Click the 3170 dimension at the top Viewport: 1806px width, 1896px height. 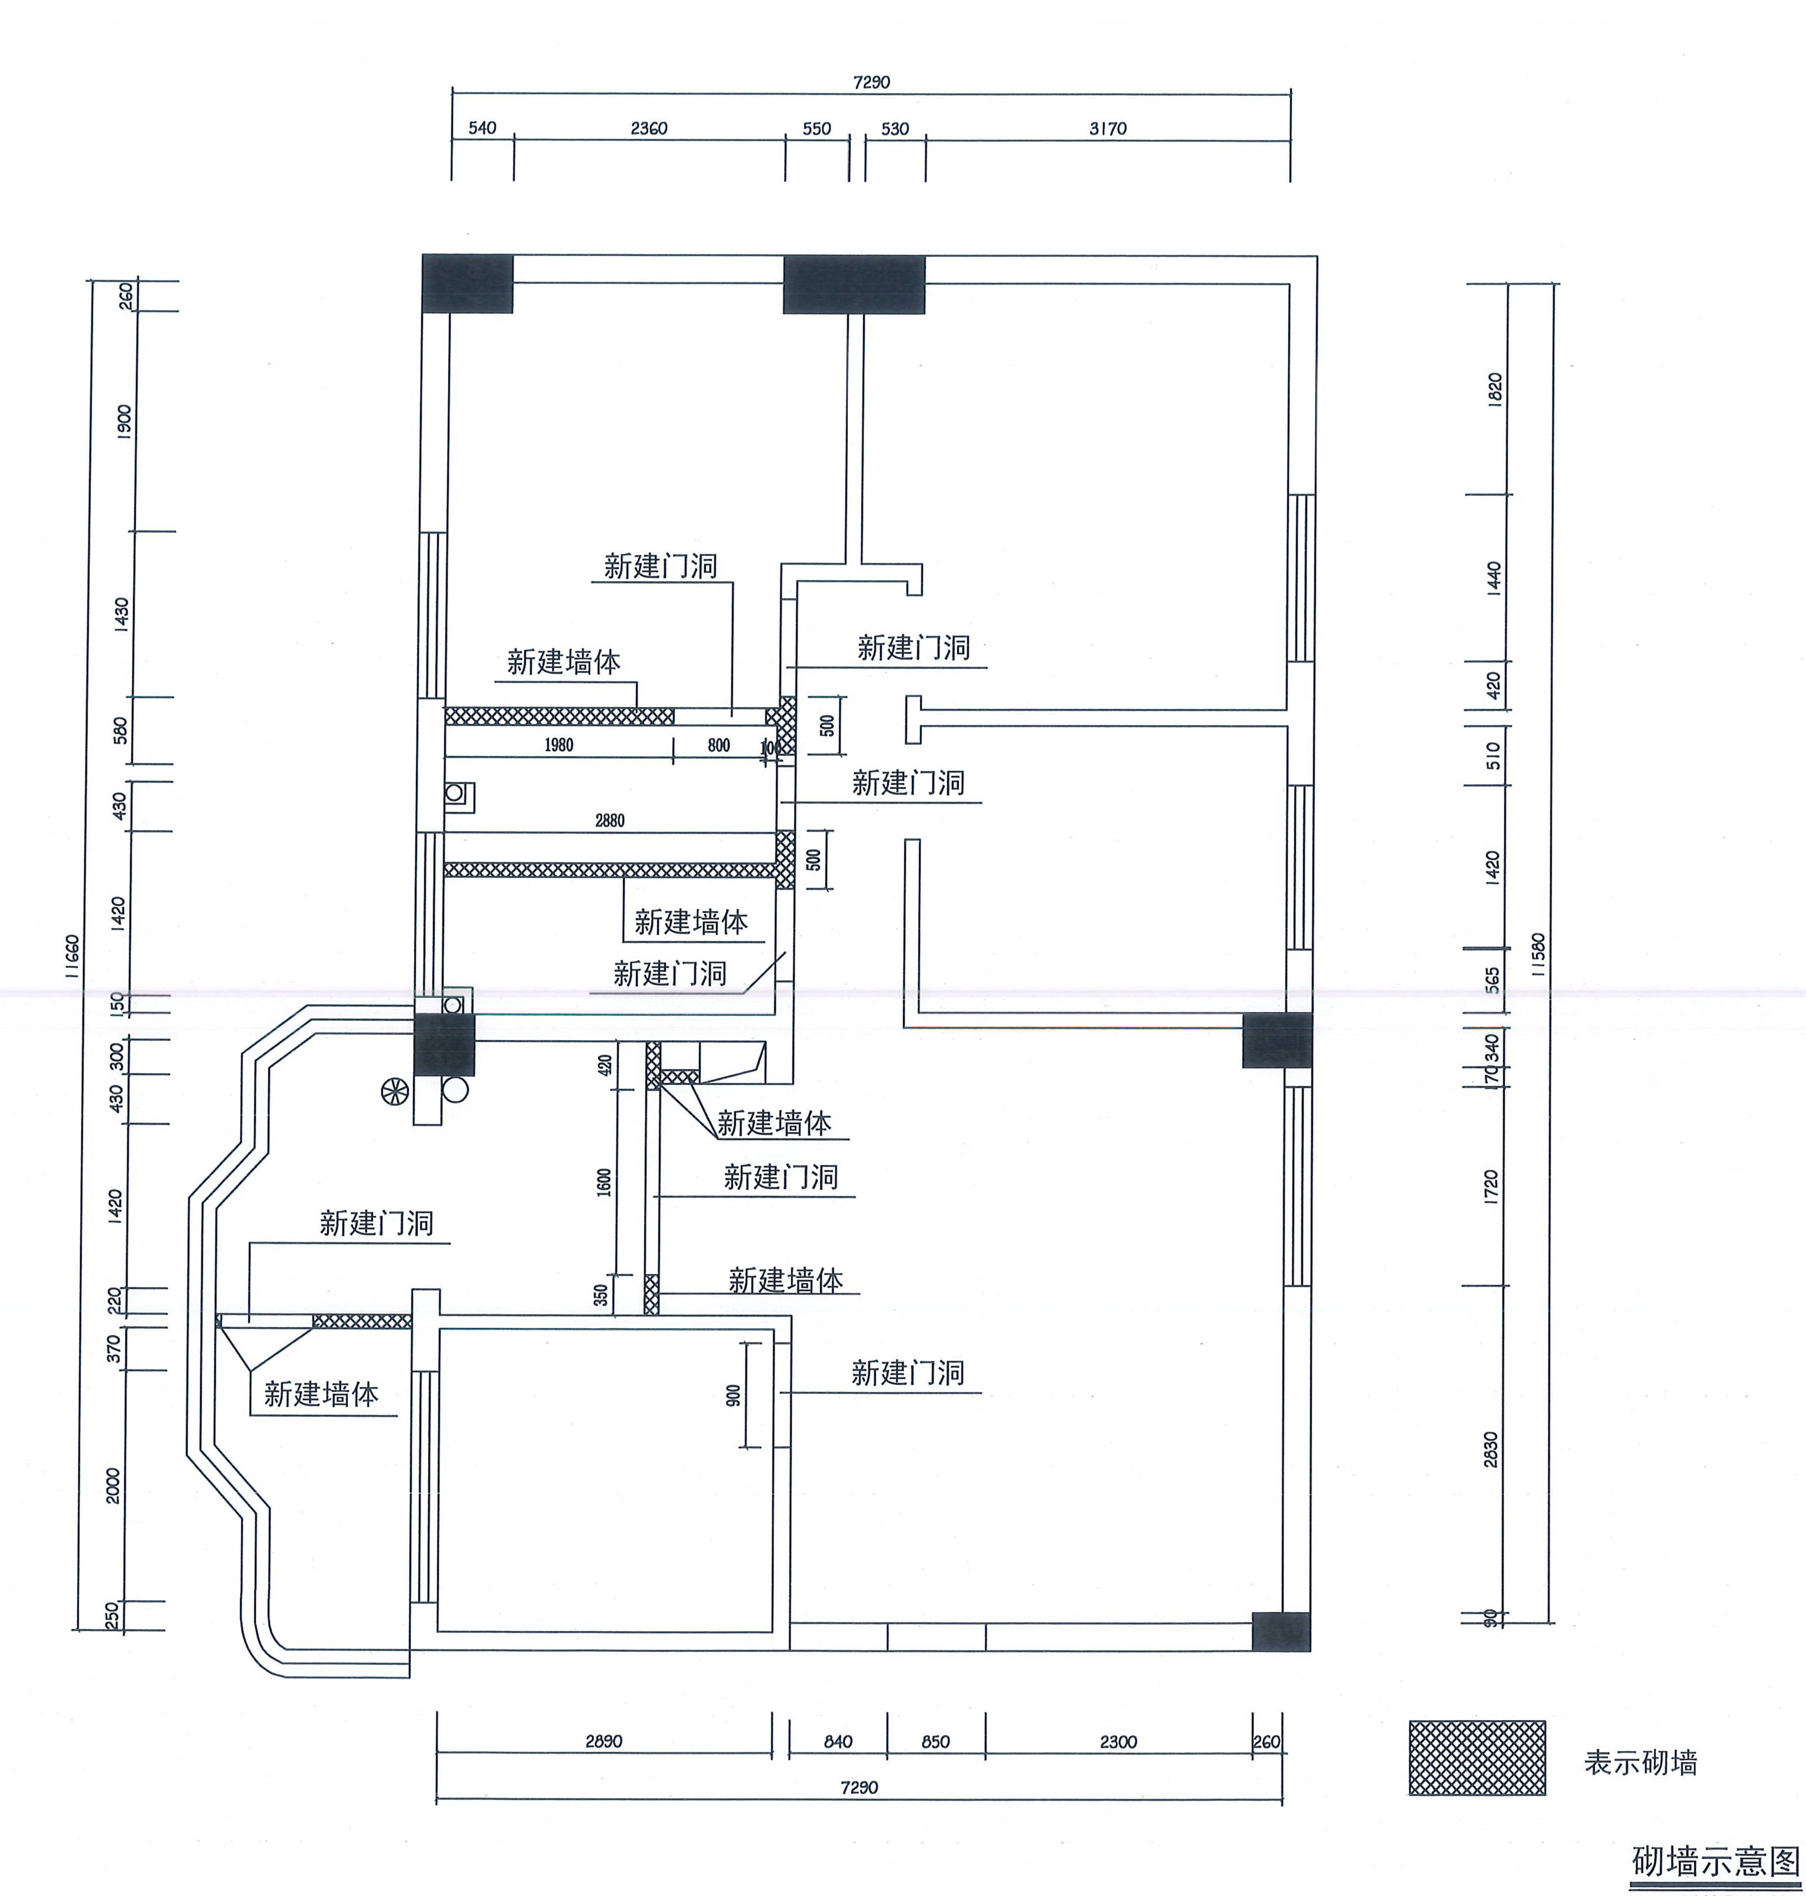[1107, 128]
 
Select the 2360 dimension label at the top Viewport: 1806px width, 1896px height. [649, 128]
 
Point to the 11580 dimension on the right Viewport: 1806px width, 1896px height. [1538, 955]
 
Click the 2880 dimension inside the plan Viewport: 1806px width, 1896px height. [609, 820]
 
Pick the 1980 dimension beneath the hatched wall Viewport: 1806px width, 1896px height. [558, 745]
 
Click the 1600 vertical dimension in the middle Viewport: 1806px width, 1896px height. [604, 1182]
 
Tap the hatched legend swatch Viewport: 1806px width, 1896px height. [1477, 1757]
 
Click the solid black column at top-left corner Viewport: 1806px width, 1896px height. [467, 283]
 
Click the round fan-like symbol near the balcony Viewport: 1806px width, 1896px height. [395, 1091]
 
